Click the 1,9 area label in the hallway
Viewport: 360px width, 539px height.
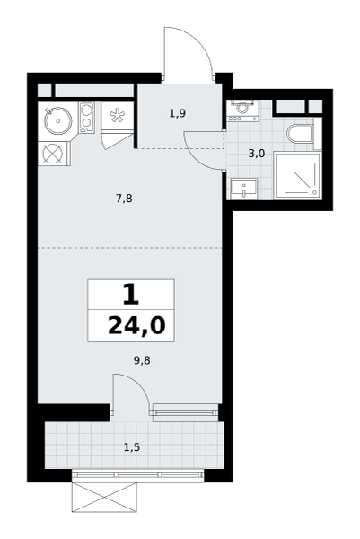(x=178, y=113)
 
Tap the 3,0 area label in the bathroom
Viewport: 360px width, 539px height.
(x=257, y=154)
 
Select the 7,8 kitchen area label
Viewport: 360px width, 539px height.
(x=124, y=199)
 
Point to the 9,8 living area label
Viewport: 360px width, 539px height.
(x=142, y=360)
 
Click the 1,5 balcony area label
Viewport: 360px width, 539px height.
(x=132, y=447)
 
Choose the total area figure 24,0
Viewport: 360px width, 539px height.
(x=136, y=325)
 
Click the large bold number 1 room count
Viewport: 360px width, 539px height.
(x=131, y=296)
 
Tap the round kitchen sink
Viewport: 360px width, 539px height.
(x=58, y=120)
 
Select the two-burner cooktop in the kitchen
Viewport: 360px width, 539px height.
(x=86, y=117)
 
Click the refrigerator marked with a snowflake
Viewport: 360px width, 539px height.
(x=117, y=116)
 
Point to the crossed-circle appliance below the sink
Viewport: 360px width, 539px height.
(x=54, y=154)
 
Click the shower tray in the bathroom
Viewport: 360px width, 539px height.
(x=298, y=176)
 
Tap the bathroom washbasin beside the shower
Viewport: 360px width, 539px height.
(x=244, y=189)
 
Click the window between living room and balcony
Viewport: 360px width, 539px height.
(x=186, y=411)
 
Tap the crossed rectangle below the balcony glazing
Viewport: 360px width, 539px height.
(x=104, y=498)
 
